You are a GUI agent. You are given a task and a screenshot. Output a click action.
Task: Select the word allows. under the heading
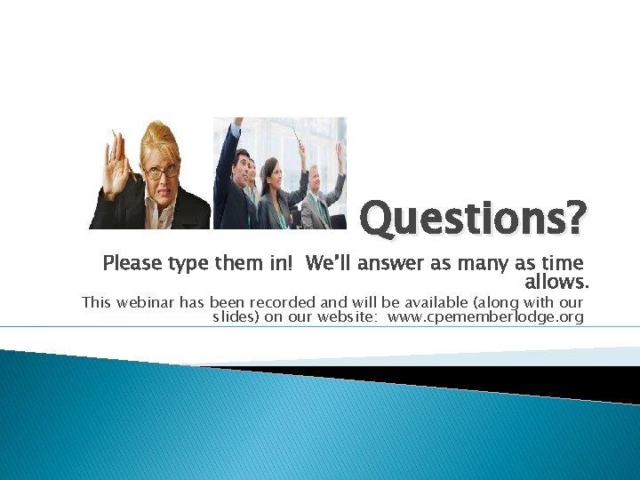[x=557, y=283]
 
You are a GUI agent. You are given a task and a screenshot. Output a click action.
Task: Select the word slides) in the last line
[x=236, y=317]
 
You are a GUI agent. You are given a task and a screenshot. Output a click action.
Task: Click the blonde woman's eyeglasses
[x=161, y=172]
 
